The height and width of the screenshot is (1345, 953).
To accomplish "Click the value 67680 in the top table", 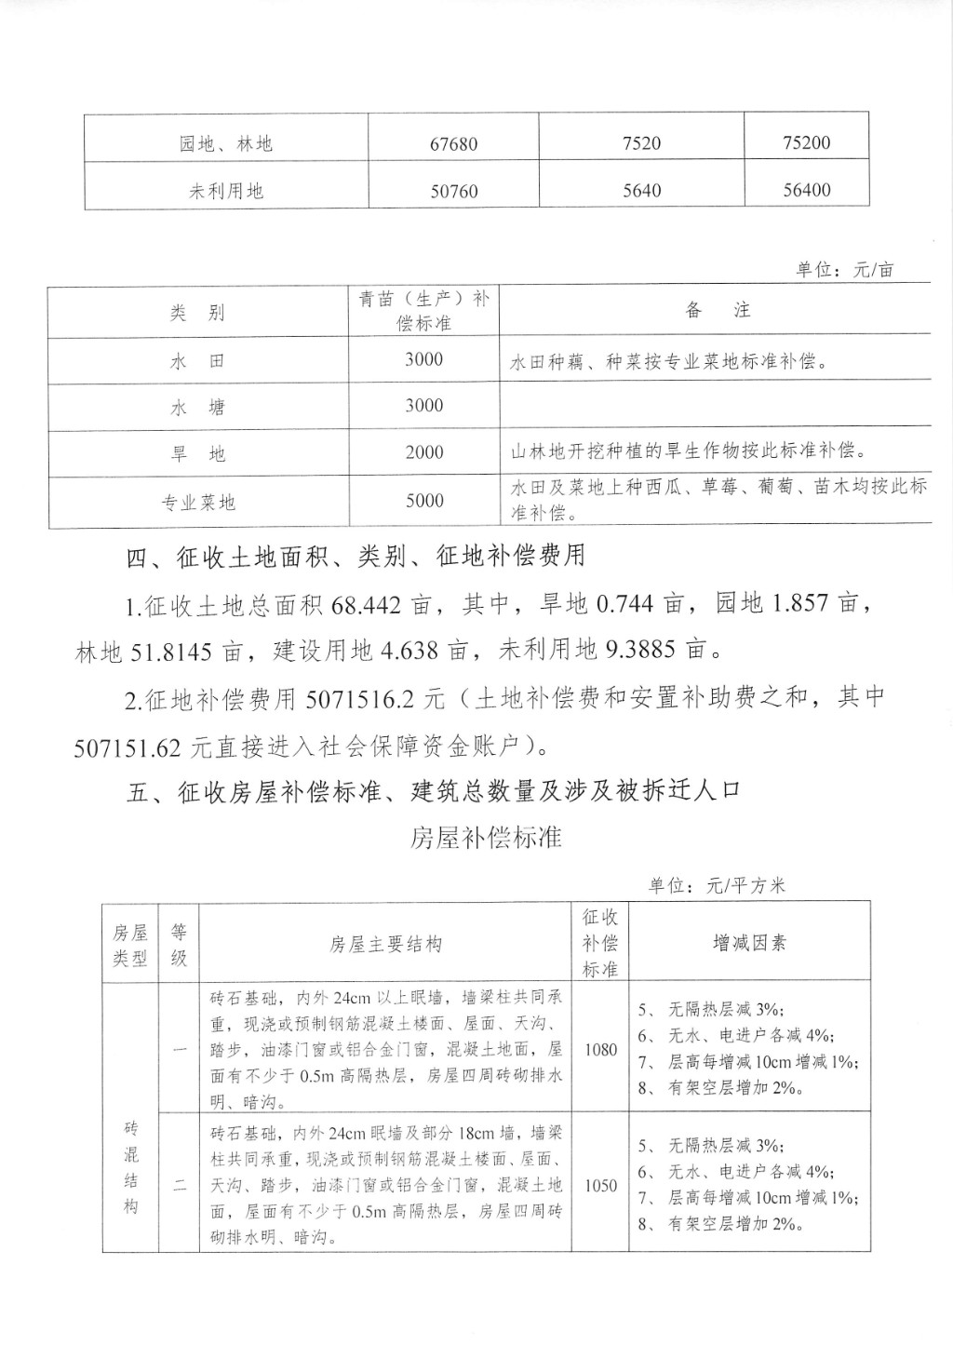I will tap(454, 144).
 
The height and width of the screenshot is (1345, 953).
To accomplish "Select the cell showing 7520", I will tap(641, 143).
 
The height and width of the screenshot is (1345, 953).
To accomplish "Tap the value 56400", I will tap(806, 190).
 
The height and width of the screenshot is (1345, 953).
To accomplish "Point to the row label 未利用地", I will tap(226, 192).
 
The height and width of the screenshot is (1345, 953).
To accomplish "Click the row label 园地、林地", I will tap(226, 144).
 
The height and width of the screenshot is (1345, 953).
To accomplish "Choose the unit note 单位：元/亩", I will tap(845, 270).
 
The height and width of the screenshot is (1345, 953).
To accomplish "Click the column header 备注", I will tap(718, 311).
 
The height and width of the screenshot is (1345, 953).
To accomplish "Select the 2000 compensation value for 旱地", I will tap(424, 452).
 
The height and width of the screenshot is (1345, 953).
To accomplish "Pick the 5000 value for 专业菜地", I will tap(424, 501).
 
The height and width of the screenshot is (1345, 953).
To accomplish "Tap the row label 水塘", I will tap(197, 408).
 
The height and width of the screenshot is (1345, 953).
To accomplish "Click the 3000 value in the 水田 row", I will tap(424, 359).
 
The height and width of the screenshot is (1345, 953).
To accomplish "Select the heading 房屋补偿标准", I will tap(486, 837).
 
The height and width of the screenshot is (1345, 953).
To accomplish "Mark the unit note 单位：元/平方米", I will tap(718, 885).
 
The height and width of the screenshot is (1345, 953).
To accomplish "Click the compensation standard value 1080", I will tap(600, 1049).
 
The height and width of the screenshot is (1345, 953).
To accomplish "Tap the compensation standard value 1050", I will tap(600, 1186).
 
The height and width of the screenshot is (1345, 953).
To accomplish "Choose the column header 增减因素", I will tap(749, 943).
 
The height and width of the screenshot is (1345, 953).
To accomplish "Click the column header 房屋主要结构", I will tap(385, 944).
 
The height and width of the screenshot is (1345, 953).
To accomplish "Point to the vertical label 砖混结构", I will tap(130, 1167).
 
